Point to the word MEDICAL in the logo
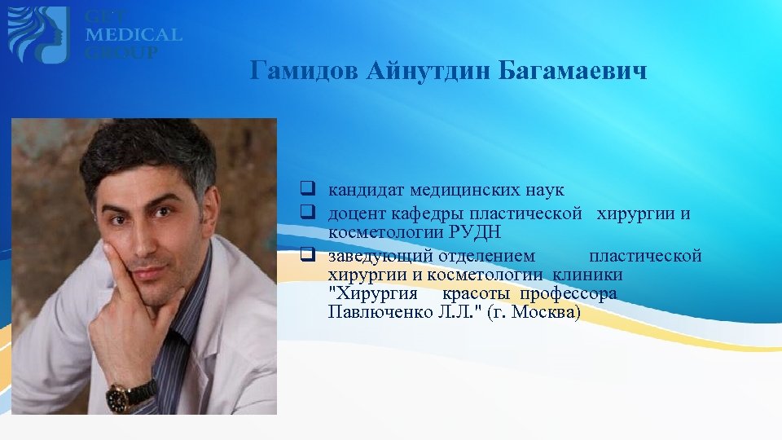(134, 35)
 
